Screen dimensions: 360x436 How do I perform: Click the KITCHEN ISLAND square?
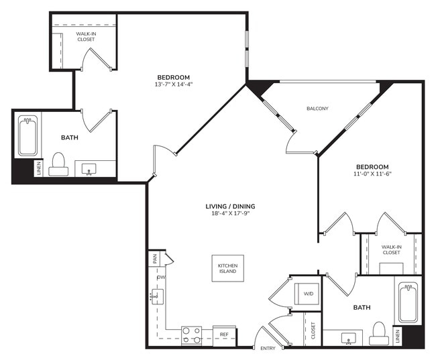(x=227, y=269)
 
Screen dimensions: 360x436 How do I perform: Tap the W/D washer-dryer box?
(x=308, y=293)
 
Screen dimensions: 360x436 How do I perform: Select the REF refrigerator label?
(x=224, y=333)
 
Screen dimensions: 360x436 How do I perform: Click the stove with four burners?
(x=192, y=334)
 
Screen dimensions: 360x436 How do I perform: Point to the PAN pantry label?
(x=154, y=257)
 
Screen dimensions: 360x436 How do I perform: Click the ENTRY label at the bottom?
(x=268, y=348)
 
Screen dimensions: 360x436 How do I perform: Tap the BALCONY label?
(x=317, y=109)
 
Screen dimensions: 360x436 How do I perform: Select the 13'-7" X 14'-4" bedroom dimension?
(x=173, y=84)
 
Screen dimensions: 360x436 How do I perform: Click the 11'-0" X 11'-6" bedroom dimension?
(x=372, y=174)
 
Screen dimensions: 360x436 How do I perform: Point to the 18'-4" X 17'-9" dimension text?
(x=229, y=214)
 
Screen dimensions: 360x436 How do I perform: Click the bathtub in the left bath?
(x=28, y=136)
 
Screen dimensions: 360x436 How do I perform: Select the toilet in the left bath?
(x=59, y=164)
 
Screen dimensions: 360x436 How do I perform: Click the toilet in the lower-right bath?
(x=380, y=333)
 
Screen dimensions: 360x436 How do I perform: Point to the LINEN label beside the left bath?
(x=39, y=168)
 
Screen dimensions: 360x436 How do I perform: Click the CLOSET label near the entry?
(x=313, y=329)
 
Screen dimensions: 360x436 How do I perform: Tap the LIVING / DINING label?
(x=230, y=206)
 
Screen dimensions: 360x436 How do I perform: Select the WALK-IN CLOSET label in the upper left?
(x=85, y=36)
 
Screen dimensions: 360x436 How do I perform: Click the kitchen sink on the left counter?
(x=156, y=296)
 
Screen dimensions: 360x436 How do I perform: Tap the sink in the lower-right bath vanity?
(x=348, y=337)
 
